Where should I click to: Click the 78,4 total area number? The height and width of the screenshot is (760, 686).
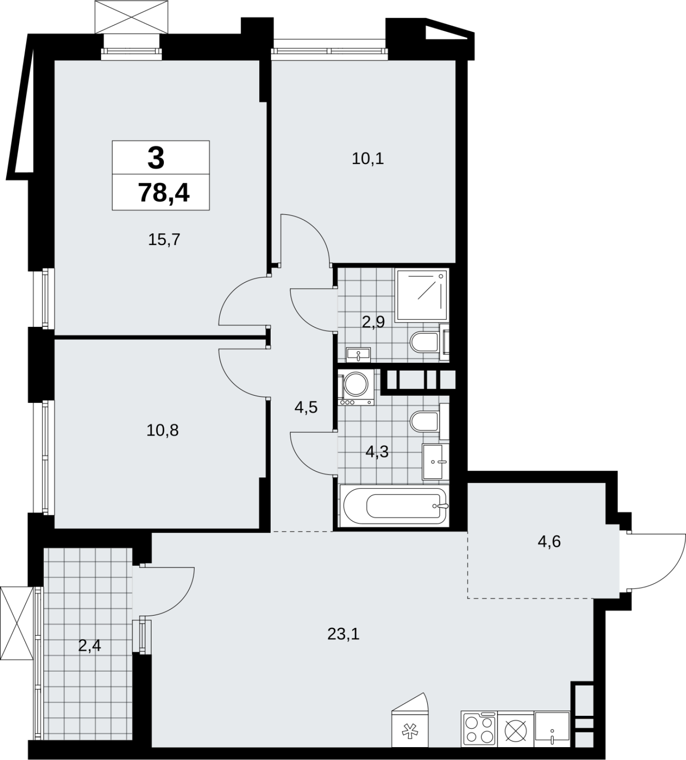tap(164, 193)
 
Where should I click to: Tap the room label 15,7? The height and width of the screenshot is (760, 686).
tap(164, 239)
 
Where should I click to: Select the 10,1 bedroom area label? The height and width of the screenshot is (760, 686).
tap(368, 159)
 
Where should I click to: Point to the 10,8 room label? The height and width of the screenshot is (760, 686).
tap(163, 430)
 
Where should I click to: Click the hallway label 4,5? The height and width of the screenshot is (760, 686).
tap(306, 407)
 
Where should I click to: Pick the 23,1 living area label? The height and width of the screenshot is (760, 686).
tap(343, 634)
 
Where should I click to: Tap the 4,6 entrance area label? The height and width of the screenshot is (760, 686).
tap(549, 541)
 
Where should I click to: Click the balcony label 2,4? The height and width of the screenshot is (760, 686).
tap(90, 646)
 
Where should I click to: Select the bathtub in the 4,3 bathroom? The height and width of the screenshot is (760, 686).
tap(394, 505)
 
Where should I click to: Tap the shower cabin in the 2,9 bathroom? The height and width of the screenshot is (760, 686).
tap(422, 294)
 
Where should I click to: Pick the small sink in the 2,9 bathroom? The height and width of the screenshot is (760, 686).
tap(358, 353)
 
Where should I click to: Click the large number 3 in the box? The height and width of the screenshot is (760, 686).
tap(156, 158)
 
